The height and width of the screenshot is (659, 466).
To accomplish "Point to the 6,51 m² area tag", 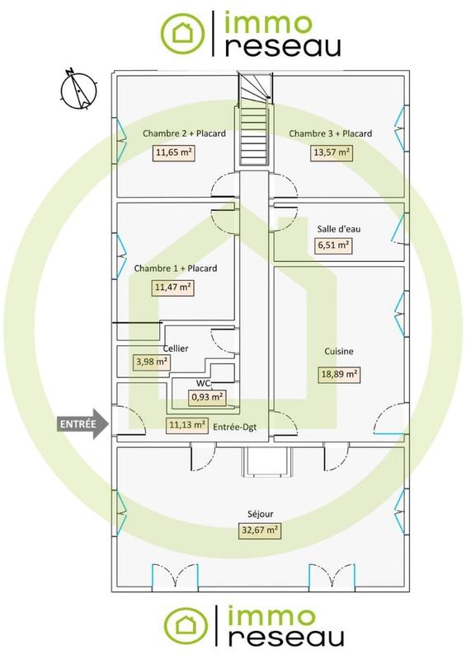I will click(333, 245).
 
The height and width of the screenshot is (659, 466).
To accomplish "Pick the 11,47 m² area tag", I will click(172, 287).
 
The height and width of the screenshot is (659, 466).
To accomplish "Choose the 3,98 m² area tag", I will click(152, 361).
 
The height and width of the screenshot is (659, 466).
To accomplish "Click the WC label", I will click(201, 384).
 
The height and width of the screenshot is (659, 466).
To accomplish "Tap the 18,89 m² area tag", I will click(339, 373).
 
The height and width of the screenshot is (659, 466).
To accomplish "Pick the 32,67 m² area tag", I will click(261, 530).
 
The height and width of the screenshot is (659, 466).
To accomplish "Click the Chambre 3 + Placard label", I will click(330, 133).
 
